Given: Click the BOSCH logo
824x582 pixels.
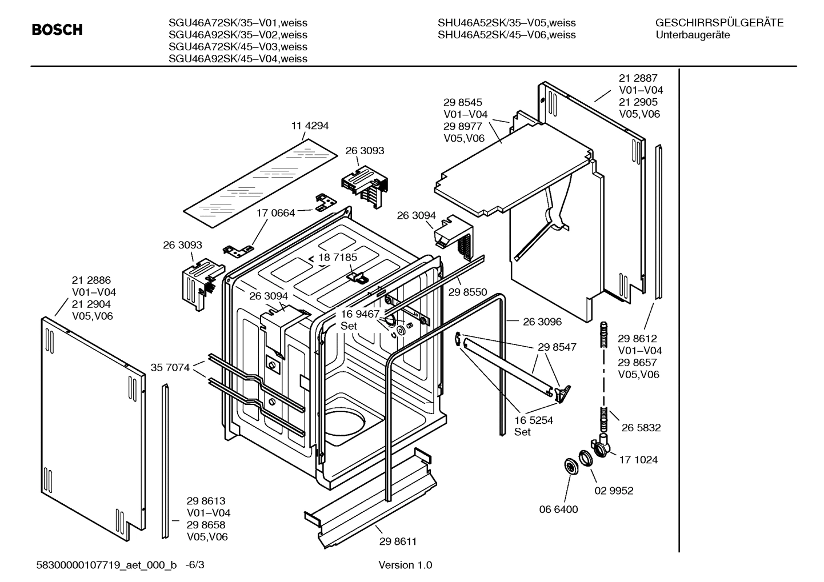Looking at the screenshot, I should coord(57,30).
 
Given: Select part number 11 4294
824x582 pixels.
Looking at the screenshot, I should coord(310,126).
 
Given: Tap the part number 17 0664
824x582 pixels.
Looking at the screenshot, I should coord(275,213).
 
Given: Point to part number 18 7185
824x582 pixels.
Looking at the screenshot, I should coord(338,257).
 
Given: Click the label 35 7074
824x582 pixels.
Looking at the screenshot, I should coord(170,367).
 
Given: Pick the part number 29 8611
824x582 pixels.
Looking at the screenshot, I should coord(398,541).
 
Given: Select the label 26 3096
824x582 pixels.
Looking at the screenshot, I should coord(542,322).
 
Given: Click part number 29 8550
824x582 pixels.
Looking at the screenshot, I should coord(467,292).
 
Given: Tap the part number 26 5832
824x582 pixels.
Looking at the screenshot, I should coord(641,427).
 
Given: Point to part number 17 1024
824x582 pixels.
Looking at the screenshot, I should coord(638,459).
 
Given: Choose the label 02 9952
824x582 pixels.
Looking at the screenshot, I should coord(614,491).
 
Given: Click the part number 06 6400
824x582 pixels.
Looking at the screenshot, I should coord(558,509).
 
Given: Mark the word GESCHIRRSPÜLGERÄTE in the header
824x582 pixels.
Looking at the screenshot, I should coord(719,23).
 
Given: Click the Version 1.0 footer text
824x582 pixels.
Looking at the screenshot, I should coord(405,565).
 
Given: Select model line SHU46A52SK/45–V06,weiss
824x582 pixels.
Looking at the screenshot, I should coord(506,35).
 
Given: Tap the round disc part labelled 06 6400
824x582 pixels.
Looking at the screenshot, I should coord(570,466).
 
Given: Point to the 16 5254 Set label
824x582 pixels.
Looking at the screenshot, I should coord(533,426).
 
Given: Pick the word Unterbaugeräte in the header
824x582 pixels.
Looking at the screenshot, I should coord(693,35).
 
